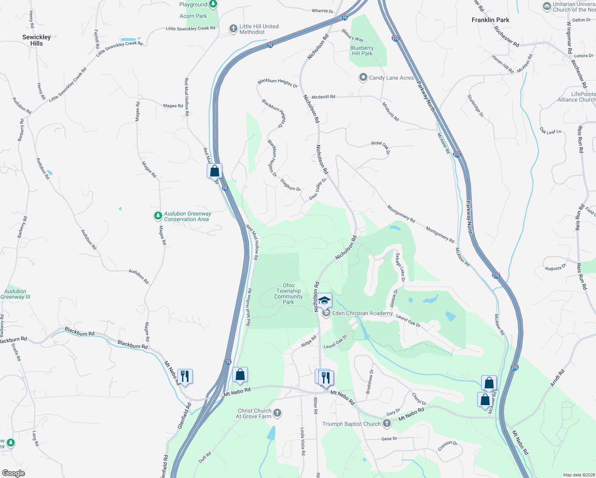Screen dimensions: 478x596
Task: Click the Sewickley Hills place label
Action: pos(36,40)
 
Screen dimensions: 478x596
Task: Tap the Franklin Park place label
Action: pos(490,20)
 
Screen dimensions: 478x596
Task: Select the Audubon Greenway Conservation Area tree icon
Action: pos(158,216)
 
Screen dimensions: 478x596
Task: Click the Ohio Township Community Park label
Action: pos(288,294)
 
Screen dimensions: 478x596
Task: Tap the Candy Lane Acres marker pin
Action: pos(363,77)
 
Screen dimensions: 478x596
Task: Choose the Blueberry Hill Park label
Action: pos(362,51)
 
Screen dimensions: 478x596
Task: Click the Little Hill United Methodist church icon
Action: pos(233,29)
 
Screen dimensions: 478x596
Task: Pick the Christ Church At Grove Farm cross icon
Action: pos(277,413)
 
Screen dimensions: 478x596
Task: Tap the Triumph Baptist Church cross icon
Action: pos(386,423)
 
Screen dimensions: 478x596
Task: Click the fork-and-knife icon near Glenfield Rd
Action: pos(185,376)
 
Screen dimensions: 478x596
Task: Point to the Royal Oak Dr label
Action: pos(381,147)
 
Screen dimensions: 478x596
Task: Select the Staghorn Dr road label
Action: pos(290,185)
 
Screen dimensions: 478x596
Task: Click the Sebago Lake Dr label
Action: pos(400,267)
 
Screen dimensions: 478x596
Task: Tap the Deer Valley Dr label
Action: pos(318,189)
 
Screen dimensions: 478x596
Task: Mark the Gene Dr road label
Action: pos(389,439)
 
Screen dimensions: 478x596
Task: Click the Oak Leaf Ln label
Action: pos(550,131)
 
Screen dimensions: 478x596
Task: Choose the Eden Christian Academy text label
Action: pos(362,313)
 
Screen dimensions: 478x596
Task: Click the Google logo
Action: pos(13,473)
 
